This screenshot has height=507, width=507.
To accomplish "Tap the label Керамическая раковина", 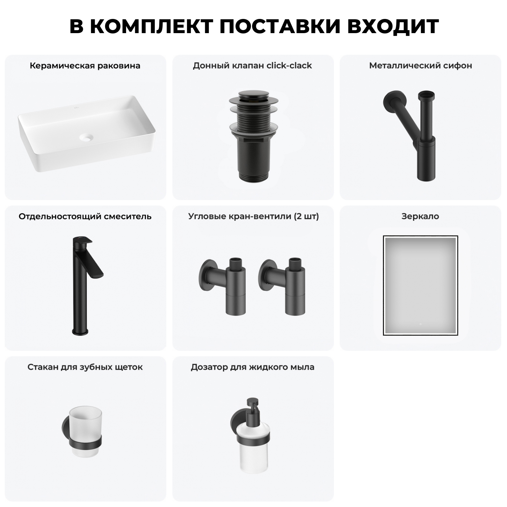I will coord(85,66).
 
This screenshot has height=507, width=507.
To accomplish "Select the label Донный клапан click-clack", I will coord(252,66).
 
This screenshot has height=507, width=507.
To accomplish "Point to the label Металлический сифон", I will coord(420,66).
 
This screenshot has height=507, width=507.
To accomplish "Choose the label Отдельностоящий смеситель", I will coord(85,216).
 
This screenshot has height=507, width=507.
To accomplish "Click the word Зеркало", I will coord(420,216).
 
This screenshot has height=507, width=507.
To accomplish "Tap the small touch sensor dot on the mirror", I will coord(420,324).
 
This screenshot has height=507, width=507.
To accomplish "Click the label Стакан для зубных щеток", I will coord(85,367).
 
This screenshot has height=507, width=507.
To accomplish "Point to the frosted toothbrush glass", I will coord(85,424).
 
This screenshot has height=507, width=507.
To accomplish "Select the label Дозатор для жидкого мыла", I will coord(252,367).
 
